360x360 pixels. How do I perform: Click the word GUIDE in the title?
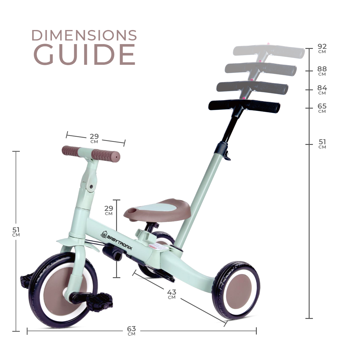pos(84,54)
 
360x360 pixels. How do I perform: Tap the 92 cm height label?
pos(322,48)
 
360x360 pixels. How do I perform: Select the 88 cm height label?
pos(322,71)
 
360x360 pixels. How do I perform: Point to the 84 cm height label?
pos(322,90)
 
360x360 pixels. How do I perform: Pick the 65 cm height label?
pos(322,108)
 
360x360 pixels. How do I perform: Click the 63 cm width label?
pos(131,331)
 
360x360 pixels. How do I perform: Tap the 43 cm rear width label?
pos(172,294)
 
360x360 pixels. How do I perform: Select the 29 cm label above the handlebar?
pos(94,138)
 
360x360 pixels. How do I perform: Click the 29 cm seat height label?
pos(109,210)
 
